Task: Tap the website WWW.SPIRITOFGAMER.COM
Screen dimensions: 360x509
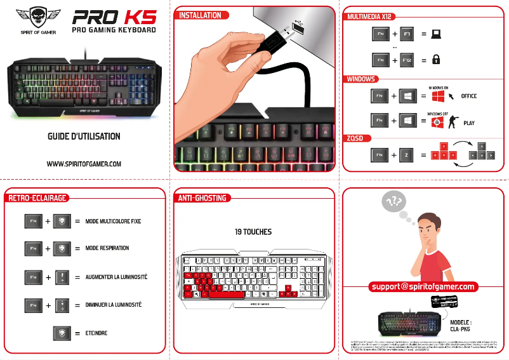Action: (x=84, y=164)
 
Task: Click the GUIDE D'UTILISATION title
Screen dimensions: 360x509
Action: (x=84, y=137)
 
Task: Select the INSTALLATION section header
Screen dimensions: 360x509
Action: (x=200, y=15)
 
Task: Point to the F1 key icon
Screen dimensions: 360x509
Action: (x=407, y=34)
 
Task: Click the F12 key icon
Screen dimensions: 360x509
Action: (x=407, y=60)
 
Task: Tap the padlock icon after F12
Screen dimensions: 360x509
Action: (x=436, y=60)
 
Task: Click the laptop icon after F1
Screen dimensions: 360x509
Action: (x=436, y=34)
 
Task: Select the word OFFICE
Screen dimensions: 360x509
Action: (x=468, y=97)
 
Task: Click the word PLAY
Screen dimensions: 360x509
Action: (x=469, y=123)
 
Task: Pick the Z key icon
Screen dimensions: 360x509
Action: (x=407, y=154)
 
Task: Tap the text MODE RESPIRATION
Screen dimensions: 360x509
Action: (x=107, y=248)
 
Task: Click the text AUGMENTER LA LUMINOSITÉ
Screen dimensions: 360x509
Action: (x=116, y=277)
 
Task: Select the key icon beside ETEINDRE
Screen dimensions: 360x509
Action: (x=62, y=333)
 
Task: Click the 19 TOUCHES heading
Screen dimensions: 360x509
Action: (x=253, y=232)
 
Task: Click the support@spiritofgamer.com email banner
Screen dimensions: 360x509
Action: (x=423, y=287)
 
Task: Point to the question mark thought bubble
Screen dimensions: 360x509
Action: (x=393, y=202)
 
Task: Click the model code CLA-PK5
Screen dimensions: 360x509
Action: (x=461, y=329)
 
